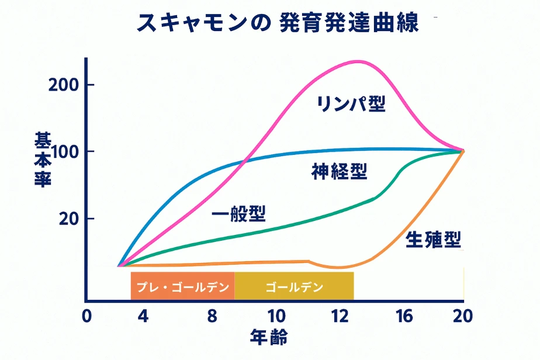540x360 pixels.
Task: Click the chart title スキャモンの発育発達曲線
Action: pos(278,23)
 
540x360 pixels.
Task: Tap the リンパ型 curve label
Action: pos(351,105)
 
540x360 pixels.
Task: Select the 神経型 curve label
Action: pos(339,171)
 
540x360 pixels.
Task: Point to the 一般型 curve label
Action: pos(238,214)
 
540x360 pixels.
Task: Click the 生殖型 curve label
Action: pos(433,239)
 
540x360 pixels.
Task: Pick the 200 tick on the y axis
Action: pos(65,85)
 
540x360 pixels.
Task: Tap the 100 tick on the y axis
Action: pos(65,152)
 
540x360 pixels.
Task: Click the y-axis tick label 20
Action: pos(69,219)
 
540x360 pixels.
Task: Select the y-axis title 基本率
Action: pos(43,160)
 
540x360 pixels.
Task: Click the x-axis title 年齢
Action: pos(269,337)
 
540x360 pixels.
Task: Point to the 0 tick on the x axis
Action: pos(86,316)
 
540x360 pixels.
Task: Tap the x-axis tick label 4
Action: pos(143,316)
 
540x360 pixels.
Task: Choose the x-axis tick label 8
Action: pos(212,316)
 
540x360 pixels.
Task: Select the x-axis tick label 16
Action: pos(403,316)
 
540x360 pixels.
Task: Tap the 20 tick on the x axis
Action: pos(462,316)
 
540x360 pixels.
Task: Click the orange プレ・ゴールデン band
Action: pos(182,286)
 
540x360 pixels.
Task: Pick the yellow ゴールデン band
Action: pos(294,286)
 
